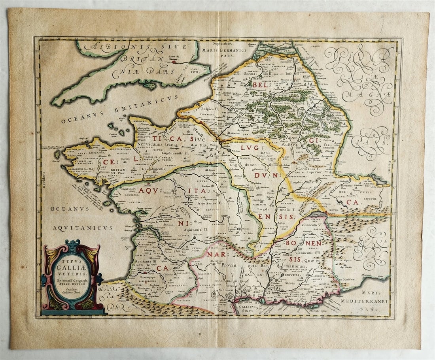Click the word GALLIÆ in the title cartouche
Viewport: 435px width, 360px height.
click(x=71, y=267)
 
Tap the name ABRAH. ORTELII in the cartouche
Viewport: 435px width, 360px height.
click(x=72, y=282)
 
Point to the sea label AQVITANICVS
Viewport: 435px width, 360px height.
click(x=83, y=228)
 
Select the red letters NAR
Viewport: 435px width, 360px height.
click(x=216, y=254)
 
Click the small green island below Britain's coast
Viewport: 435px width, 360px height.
click(x=150, y=84)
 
